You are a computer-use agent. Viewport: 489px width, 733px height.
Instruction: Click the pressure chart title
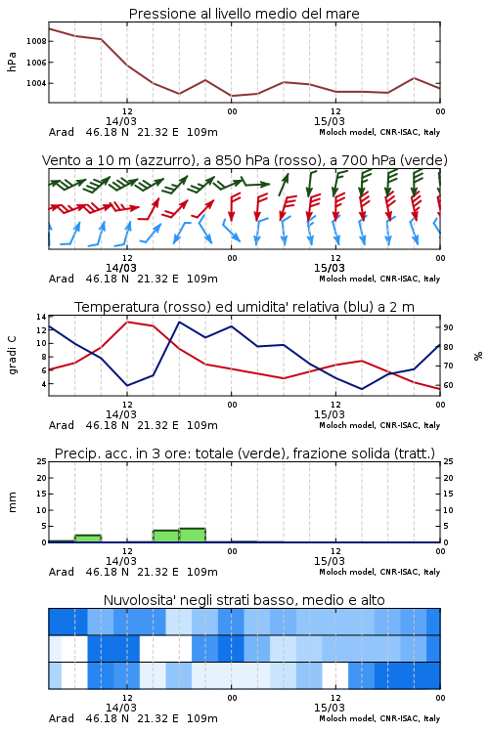pos(244,14)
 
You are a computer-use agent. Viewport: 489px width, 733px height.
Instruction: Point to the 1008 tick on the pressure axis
pos(36,41)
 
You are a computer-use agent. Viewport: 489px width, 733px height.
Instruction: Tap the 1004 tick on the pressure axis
pos(36,83)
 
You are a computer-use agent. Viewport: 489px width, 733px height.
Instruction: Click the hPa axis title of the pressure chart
pos(12,62)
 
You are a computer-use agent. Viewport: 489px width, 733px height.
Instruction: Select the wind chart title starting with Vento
pos(244,160)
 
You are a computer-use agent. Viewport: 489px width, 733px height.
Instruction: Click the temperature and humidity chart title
pos(244,307)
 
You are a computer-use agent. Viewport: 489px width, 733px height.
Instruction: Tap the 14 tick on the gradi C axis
pos(41,317)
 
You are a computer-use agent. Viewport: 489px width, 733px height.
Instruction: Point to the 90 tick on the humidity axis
pos(448,327)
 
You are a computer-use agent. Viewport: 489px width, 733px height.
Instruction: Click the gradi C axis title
pos(12,355)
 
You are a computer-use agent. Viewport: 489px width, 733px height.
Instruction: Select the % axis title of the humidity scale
pos(478,356)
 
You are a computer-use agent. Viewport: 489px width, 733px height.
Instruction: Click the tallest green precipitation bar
pos(193,536)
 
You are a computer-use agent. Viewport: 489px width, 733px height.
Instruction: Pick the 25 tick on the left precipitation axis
pos(41,461)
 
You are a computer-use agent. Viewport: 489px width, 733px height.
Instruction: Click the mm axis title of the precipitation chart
pos(12,502)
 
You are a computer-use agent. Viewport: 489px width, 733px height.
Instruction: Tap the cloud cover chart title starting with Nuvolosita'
pos(244,600)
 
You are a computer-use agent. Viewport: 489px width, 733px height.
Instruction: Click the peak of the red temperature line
pos(127,322)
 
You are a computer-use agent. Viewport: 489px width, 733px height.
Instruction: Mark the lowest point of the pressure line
pos(232,96)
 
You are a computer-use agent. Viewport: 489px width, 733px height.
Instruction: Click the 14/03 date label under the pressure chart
pos(120,121)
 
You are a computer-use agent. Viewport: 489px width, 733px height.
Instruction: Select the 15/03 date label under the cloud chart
pos(330,708)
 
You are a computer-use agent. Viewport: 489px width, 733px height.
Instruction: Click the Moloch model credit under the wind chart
pos(379,279)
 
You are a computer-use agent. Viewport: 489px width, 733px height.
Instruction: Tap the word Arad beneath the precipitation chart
pos(62,572)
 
